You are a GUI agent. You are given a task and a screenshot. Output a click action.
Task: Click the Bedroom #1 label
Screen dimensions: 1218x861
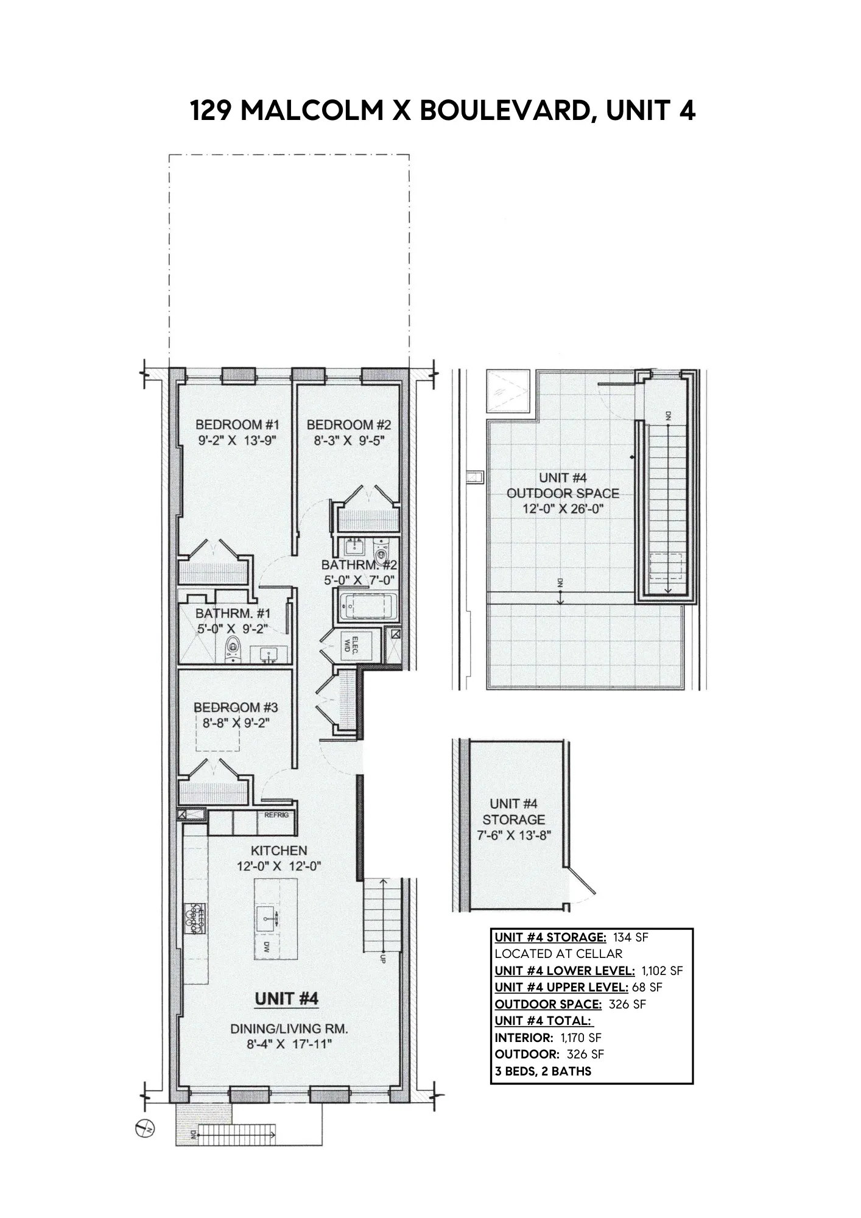point(237,424)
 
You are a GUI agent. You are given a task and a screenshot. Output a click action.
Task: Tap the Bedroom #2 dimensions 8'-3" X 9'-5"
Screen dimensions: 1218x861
point(348,440)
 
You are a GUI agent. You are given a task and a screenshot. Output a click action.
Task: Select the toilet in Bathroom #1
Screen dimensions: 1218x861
point(232,650)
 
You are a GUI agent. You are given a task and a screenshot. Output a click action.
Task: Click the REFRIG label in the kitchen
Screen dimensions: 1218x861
point(276,815)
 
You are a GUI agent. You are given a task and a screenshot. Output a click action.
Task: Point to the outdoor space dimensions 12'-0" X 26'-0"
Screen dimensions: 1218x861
point(562,509)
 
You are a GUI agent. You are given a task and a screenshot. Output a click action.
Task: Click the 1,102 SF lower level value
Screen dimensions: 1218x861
point(662,970)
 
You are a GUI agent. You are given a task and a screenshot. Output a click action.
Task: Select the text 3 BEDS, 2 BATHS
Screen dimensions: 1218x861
point(543,1071)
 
